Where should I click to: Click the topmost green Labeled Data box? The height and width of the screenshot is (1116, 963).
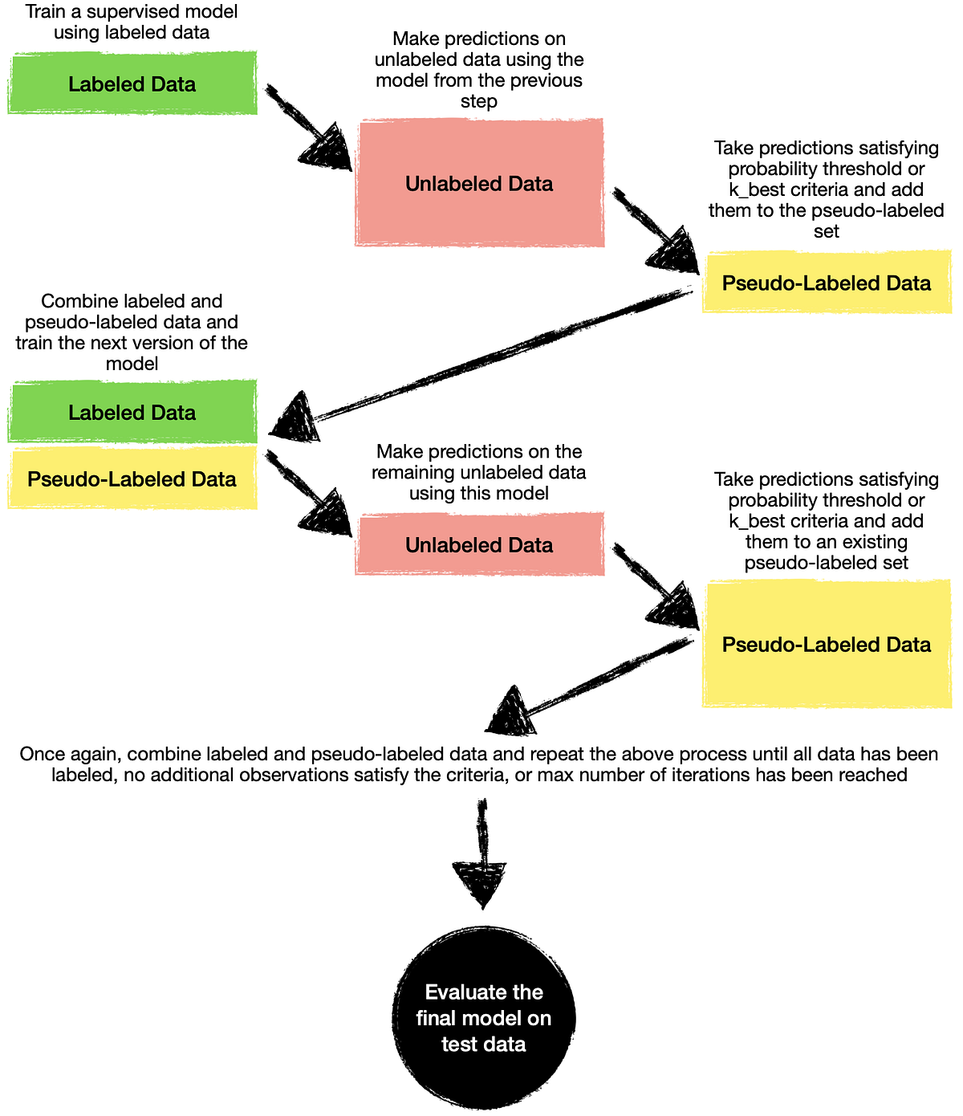coord(132,83)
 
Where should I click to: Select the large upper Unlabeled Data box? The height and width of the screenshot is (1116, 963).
coord(479,183)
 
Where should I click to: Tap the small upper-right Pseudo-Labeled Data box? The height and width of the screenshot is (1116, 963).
coord(827,283)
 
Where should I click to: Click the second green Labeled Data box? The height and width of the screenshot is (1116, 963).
coord(132,412)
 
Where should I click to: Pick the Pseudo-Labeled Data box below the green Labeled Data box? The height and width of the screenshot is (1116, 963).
coord(132,479)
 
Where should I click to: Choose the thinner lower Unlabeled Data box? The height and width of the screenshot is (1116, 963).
coord(479,545)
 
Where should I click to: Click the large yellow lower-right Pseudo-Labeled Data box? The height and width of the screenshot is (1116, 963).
coord(827,644)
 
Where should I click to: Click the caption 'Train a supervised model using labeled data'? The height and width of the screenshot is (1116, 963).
coord(132,22)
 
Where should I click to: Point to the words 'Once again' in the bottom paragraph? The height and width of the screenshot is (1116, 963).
coord(70,755)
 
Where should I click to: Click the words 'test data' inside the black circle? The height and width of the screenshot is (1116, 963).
coord(483,1045)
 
